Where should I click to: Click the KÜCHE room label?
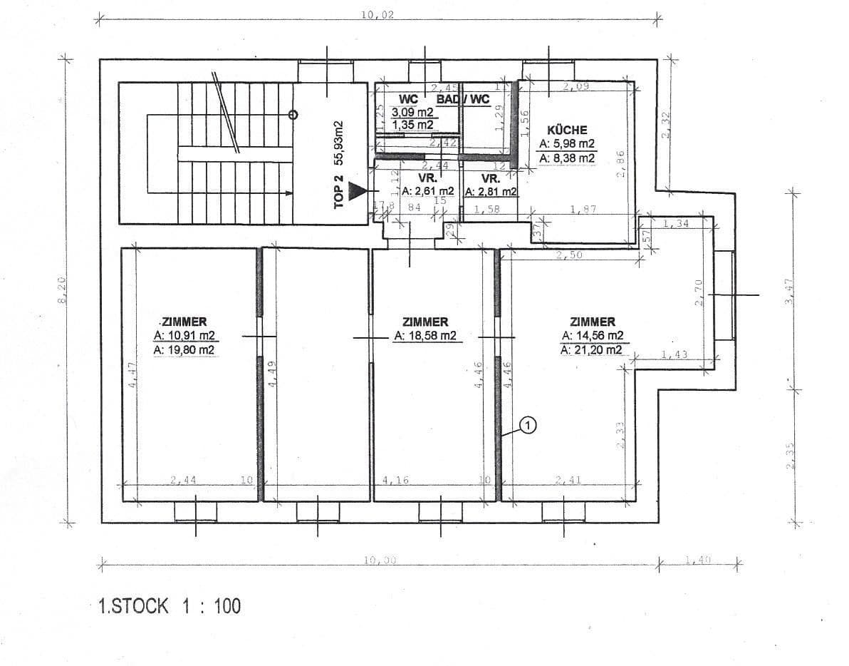[567, 130]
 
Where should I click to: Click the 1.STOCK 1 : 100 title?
[170, 606]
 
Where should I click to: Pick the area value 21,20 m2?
[592, 349]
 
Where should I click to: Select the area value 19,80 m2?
[184, 349]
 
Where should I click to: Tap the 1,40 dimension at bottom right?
[699, 560]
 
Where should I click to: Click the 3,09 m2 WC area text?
[417, 112]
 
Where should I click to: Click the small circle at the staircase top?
[293, 114]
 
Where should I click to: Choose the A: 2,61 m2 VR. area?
[427, 191]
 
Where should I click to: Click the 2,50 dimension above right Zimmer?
[569, 255]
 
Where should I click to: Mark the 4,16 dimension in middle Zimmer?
[395, 480]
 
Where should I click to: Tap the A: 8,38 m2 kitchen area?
[567, 158]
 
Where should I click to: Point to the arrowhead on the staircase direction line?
[288, 193]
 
